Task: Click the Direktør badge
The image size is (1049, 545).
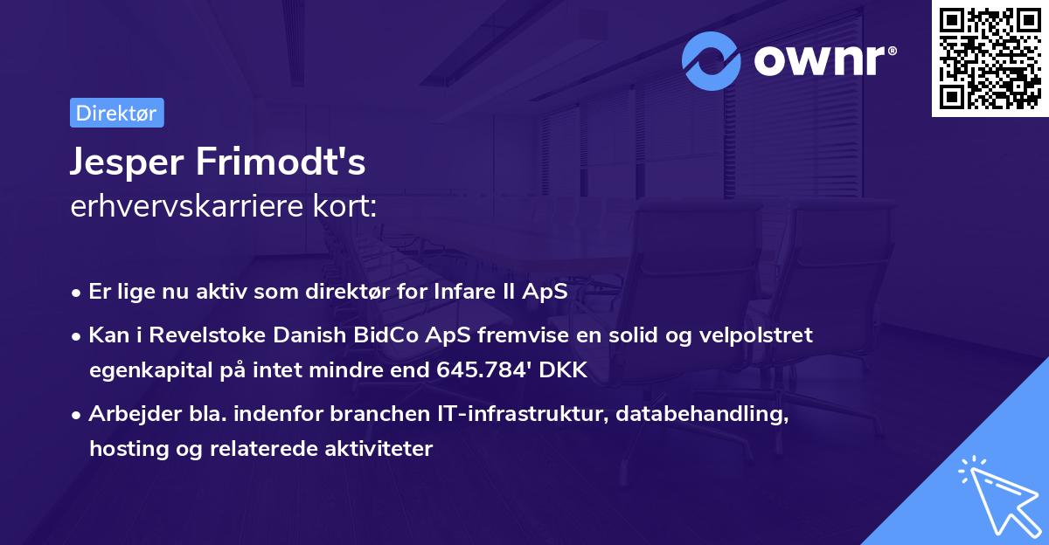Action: [116, 113]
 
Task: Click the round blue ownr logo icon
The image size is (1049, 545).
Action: [712, 61]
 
